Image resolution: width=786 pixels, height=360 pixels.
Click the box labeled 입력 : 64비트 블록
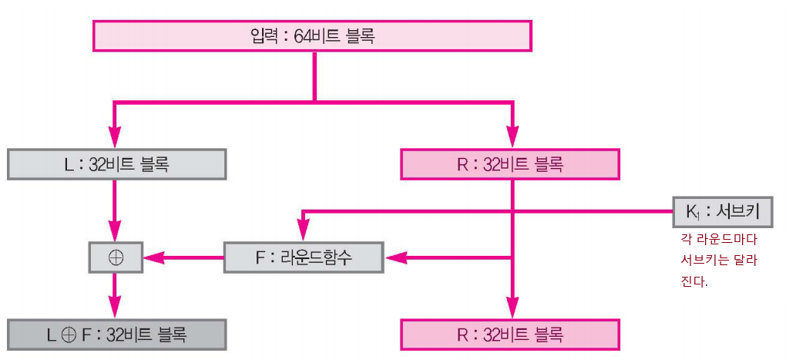(x=312, y=35)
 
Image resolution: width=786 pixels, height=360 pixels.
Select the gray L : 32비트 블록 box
(x=116, y=164)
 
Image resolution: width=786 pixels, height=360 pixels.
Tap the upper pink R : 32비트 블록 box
(x=510, y=164)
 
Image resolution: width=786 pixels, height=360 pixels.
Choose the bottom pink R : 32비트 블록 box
(x=510, y=335)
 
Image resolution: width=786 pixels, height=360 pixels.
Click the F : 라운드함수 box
(x=303, y=257)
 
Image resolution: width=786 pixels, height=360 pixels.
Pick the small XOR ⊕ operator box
(x=116, y=257)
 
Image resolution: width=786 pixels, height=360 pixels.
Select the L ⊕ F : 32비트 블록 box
(x=116, y=335)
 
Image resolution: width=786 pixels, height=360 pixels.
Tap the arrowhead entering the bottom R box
(x=510, y=311)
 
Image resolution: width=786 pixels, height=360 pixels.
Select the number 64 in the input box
(x=302, y=35)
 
